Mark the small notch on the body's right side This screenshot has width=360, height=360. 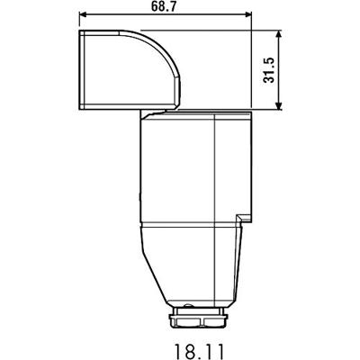(x=240, y=218)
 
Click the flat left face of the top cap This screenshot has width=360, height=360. (x=83, y=70)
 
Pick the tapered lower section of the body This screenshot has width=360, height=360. (x=191, y=265)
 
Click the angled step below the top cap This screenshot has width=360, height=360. (x=148, y=113)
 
